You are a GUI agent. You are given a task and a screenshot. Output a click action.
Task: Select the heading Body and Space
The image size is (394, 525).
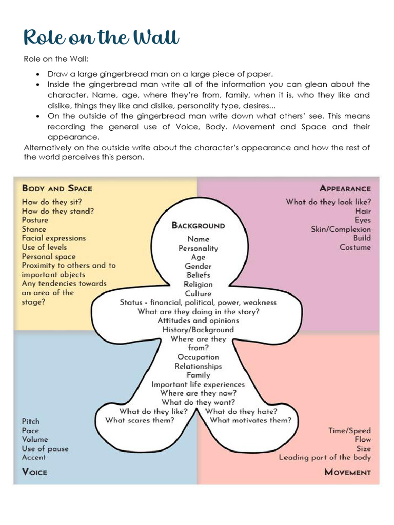tap(57, 188)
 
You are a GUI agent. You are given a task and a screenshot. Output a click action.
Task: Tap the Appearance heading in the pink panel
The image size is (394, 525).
tap(345, 188)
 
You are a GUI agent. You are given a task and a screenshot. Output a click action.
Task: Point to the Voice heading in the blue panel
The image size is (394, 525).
tap(34, 472)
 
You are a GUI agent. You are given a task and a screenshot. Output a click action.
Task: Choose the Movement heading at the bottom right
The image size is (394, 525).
tap(347, 472)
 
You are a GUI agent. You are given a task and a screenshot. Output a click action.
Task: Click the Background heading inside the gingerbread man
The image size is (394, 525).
tap(198, 225)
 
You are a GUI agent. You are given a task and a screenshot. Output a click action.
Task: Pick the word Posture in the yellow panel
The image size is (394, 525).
tap(35, 220)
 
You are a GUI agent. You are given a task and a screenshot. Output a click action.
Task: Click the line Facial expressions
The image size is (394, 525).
tap(54, 238)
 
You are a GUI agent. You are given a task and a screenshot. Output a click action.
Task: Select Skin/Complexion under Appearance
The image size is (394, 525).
tap(341, 229)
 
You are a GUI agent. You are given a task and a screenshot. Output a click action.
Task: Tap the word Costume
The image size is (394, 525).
tap(355, 247)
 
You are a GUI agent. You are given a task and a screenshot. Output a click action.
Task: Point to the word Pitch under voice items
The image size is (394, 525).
tap(30, 421)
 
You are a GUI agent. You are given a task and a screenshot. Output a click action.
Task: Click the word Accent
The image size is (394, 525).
tap(34, 457)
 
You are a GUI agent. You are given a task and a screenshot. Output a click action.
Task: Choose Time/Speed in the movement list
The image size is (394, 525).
tap(349, 431)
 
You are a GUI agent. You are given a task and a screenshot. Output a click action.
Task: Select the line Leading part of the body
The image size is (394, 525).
tap(325, 457)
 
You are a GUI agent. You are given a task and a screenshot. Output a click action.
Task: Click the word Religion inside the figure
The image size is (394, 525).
tap(198, 285)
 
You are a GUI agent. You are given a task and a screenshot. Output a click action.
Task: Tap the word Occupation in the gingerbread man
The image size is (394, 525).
tap(198, 357)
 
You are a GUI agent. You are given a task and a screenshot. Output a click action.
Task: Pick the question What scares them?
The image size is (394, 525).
tap(140, 420)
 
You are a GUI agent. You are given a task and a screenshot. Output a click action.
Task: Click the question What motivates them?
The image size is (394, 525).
tap(250, 420)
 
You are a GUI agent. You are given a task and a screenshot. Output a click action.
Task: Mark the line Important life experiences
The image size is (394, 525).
tap(198, 384)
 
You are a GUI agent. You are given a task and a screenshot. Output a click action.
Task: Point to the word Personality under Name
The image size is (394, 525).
tap(198, 248)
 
